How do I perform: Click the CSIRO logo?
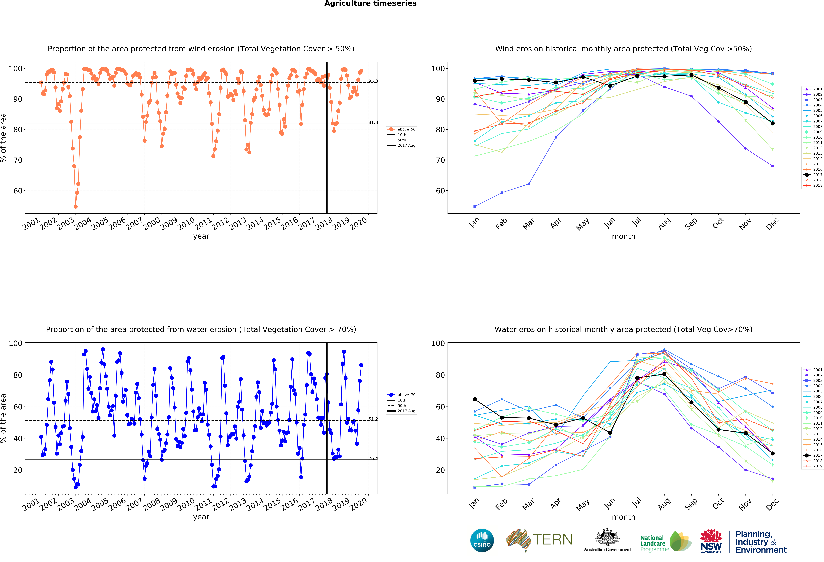coord(482,540)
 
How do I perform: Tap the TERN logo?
coord(539,540)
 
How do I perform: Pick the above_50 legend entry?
coord(401,129)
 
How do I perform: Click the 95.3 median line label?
coord(373,81)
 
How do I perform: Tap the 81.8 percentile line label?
coord(373,122)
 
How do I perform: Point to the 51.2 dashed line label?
coord(373,419)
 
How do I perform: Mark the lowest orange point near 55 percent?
coord(76,207)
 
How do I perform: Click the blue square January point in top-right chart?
coord(475,207)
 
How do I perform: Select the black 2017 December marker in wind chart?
coord(773,123)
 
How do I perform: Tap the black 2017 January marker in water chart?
coord(475,399)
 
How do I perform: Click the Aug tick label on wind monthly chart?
coord(664,223)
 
